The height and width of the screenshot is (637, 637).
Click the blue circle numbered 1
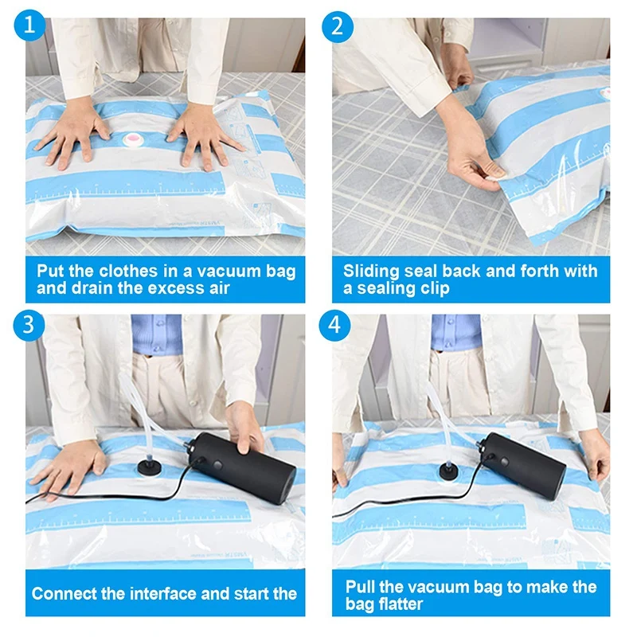29,25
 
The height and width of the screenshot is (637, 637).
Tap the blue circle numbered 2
338,27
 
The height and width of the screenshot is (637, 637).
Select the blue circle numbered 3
29,326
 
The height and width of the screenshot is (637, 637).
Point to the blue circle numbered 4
334,325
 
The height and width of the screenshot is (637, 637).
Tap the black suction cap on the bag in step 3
150,467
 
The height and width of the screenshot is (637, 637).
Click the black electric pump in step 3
241,467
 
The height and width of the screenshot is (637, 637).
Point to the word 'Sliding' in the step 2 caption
368,272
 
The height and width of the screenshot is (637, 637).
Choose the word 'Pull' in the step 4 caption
360,587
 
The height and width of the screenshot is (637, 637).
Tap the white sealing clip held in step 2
496,176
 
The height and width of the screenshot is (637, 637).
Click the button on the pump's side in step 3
217,464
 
